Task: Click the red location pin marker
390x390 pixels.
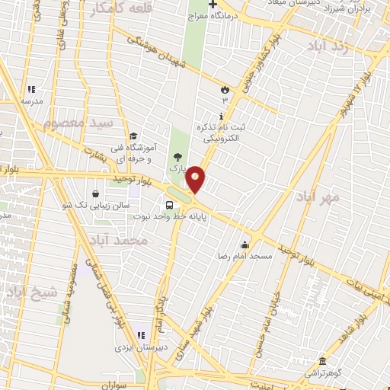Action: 196,180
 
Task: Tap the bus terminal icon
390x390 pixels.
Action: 169,204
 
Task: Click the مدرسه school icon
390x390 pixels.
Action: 31,89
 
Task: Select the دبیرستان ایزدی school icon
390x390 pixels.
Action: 141,336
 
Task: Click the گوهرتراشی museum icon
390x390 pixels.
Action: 323,360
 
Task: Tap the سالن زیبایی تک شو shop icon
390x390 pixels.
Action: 94,193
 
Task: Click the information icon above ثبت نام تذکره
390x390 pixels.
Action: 222,117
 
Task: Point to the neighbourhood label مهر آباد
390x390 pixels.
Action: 319,197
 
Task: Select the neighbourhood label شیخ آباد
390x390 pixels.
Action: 31,292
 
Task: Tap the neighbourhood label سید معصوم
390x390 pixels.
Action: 77,121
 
